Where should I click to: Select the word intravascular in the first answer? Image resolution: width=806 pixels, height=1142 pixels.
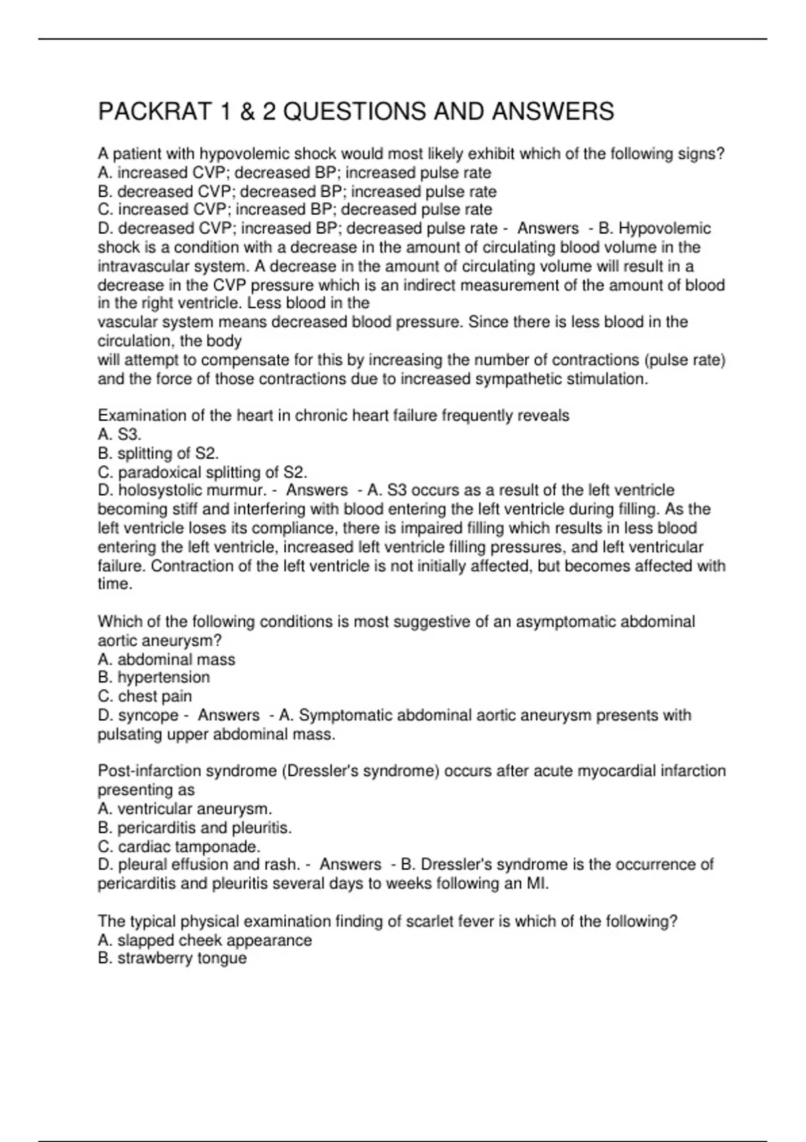pos(137,266)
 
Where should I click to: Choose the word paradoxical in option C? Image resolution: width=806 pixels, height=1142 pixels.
pos(159,472)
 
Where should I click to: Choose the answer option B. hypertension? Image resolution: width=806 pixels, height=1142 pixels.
pos(154,677)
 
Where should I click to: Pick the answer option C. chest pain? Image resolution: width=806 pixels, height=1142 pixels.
pos(144,696)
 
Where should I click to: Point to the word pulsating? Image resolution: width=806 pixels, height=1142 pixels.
pos(129,734)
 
